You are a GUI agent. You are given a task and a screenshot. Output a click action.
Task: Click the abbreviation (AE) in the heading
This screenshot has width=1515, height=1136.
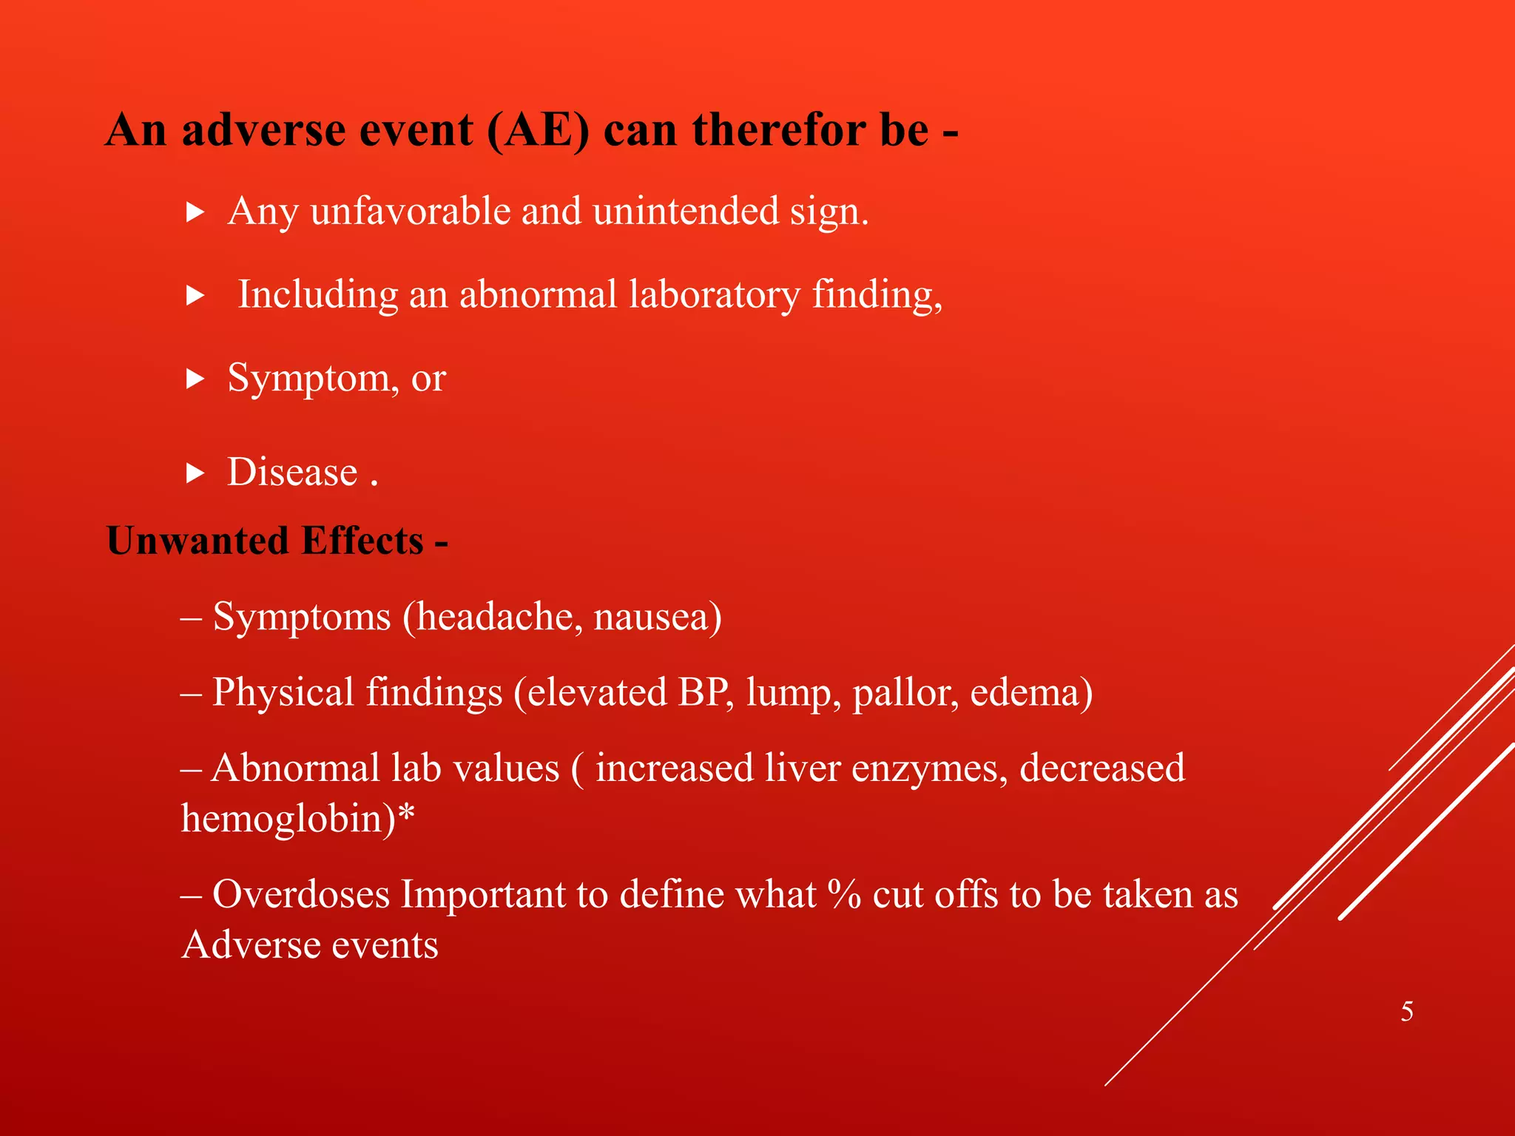[x=539, y=131]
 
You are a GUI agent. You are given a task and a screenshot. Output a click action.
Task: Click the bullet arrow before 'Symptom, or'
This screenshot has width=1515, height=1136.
[x=195, y=380]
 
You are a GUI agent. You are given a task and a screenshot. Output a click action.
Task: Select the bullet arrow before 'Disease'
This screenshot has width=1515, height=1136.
[x=195, y=473]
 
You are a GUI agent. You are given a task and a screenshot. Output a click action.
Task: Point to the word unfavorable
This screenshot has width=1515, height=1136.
[x=411, y=212]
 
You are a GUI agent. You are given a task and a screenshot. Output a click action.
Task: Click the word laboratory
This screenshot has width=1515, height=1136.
[x=715, y=295]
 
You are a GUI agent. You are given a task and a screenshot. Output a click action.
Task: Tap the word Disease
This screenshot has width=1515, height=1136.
[x=292, y=473]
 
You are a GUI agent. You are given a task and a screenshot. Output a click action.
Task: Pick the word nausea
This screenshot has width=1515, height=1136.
[x=656, y=617]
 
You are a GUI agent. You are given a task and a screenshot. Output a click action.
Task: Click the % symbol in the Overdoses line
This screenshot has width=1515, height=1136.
[x=844, y=894]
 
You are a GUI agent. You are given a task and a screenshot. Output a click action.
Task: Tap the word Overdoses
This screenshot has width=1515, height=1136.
[x=301, y=894]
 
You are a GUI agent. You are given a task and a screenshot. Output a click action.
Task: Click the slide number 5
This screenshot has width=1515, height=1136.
[x=1407, y=1011]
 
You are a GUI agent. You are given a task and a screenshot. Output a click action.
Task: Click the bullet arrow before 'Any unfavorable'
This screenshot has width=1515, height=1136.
[x=195, y=214]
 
